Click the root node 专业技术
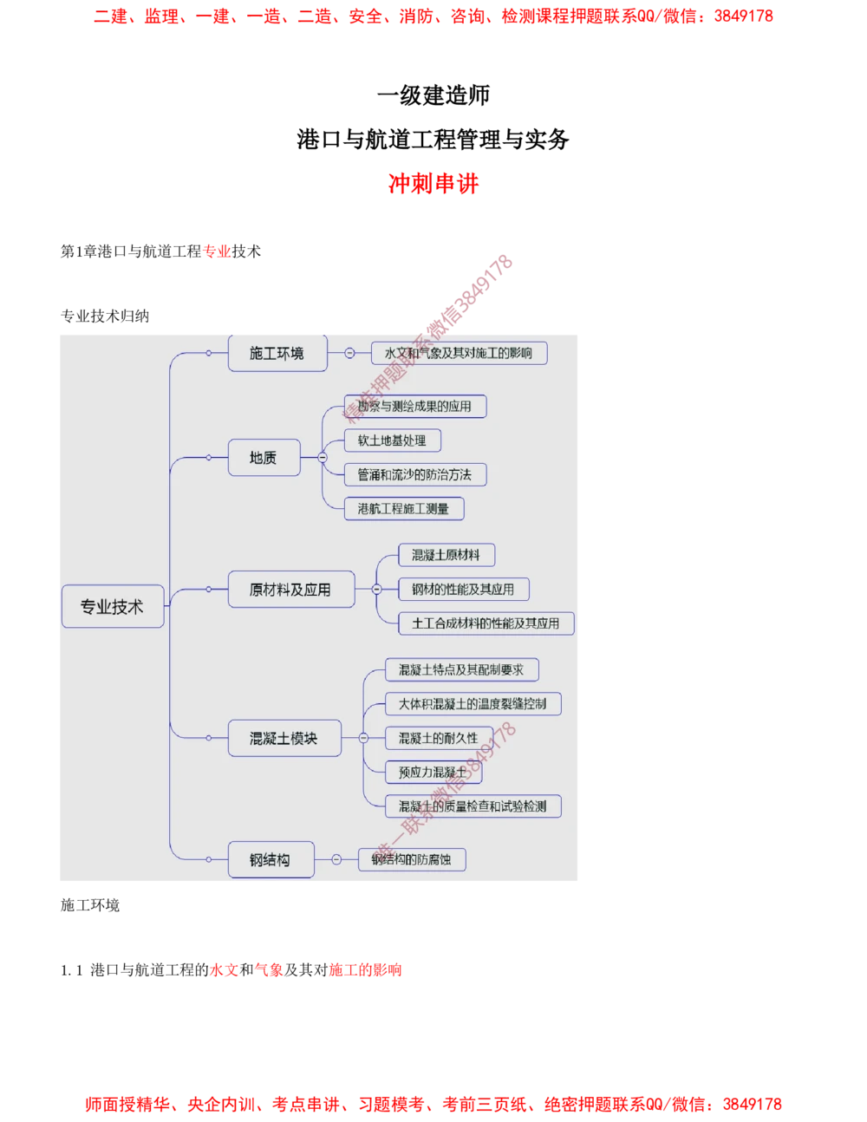point(112,607)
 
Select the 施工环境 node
point(277,353)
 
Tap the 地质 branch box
point(264,457)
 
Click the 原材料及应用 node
point(290,590)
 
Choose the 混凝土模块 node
point(284,738)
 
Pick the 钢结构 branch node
point(270,859)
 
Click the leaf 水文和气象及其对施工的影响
point(459,353)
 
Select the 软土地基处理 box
point(392,440)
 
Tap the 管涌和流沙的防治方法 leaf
point(414,474)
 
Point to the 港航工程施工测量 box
point(403,509)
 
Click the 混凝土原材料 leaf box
point(446,555)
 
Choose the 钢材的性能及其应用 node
point(463,590)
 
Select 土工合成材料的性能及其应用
point(486,623)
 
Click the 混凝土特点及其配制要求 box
point(461,669)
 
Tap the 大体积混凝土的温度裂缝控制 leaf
point(473,703)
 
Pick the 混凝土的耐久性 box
point(438,738)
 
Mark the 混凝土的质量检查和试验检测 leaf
point(473,806)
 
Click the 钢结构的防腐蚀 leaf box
point(412,859)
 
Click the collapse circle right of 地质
point(323,457)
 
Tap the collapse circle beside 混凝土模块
point(363,738)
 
